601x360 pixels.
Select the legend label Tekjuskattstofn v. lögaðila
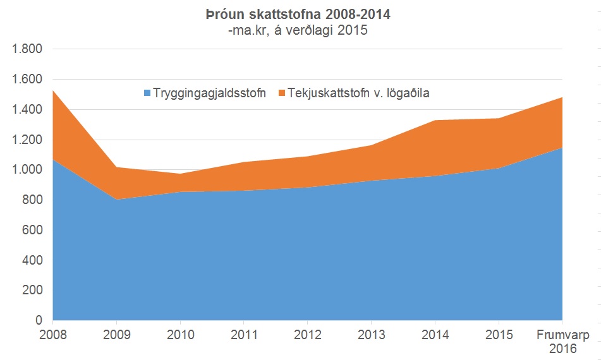coord(359,93)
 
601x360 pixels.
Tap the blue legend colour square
coord(147,93)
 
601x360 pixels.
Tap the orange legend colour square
coord(281,93)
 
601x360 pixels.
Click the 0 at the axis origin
coord(39,321)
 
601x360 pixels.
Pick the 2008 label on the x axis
coord(52,333)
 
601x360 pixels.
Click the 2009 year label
coord(116,333)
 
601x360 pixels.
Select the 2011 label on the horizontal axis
coord(244,333)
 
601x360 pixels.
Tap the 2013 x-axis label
coord(371,333)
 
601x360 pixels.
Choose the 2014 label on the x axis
coord(435,333)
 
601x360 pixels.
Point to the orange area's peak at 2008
coord(54,91)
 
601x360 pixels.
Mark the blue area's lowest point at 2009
coord(116,200)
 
